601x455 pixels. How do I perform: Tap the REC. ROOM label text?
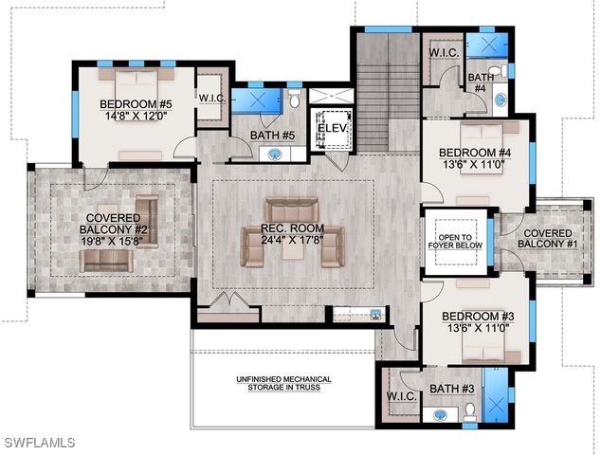290,228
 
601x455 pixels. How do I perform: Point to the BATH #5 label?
274,136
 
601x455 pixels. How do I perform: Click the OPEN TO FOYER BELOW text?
459,241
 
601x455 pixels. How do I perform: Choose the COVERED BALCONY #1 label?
547,239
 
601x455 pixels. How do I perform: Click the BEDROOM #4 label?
475,153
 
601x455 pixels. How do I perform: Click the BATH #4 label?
480,82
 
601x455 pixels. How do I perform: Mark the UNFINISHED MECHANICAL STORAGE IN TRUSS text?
284,382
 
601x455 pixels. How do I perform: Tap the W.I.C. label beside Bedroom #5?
211,98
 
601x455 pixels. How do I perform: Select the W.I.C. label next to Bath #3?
403,397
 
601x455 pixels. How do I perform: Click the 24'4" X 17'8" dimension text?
290,240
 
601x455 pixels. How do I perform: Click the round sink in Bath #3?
440,414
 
